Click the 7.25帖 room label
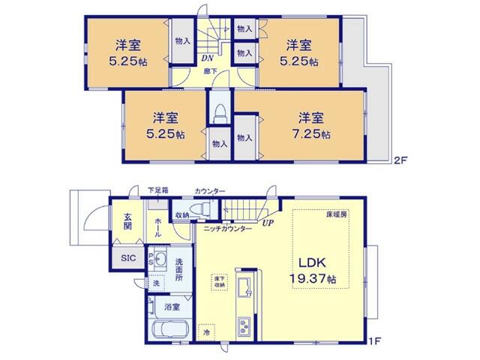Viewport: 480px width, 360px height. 310,127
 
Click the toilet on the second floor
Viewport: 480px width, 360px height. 220,113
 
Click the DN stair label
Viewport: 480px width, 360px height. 207,56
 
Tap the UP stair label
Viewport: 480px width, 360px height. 268,222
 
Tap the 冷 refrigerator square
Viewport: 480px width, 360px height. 206,331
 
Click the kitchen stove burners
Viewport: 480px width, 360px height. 245,325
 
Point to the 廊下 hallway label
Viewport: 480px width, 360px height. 213,72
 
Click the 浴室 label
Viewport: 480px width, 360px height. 172,306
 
